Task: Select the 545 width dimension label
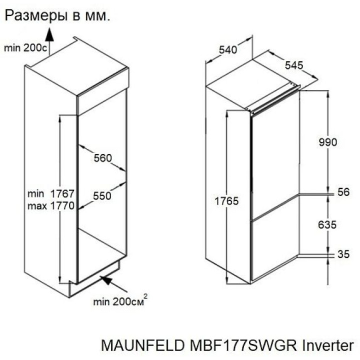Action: pos(294,65)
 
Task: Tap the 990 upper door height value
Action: pos(328,141)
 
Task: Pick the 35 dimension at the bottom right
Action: pos(343,254)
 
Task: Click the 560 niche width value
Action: pos(103,158)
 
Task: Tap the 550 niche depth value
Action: pos(102,196)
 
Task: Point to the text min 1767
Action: pos(51,193)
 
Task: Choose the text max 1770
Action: pos(51,205)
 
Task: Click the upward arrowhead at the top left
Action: pos(49,33)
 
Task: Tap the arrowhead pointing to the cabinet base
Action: pos(105,279)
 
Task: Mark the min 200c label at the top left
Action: pos(25,48)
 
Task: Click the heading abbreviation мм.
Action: pos(99,16)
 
